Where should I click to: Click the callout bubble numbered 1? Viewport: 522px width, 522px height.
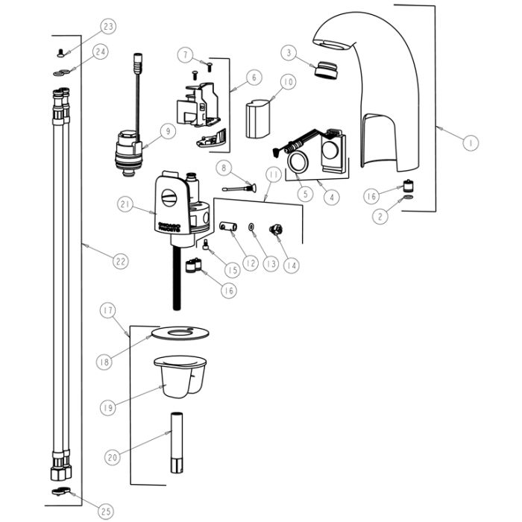pos(471,142)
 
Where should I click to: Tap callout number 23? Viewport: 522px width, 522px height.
pos(109,28)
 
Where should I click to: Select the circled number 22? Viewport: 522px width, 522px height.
pos(120,261)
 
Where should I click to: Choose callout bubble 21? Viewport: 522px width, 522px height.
pos(125,203)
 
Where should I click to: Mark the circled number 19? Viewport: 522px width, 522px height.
pos(109,407)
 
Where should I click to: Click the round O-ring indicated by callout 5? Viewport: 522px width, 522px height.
pos(299,163)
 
